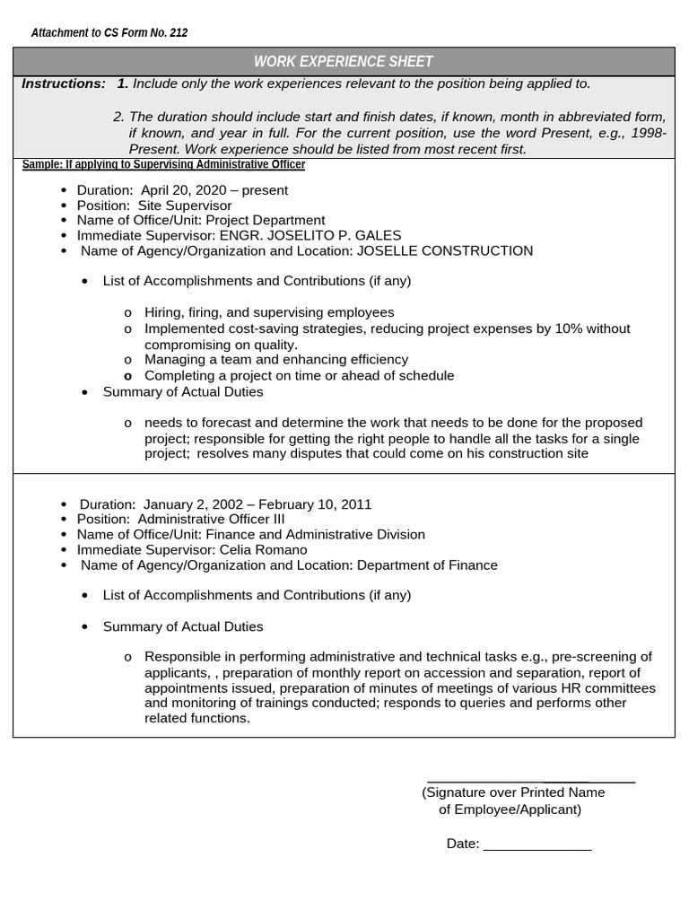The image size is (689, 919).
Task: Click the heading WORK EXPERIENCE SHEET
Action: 343,62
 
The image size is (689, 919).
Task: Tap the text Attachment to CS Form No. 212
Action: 109,33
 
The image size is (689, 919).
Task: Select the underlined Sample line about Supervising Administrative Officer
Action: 163,165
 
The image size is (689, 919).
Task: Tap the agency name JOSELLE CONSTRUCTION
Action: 444,250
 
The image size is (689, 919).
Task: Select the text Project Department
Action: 266,220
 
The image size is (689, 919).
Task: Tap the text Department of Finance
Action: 427,565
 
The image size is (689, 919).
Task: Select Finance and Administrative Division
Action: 316,534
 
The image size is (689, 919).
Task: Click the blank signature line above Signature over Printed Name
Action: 531,783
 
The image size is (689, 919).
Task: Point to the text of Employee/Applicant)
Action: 510,810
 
